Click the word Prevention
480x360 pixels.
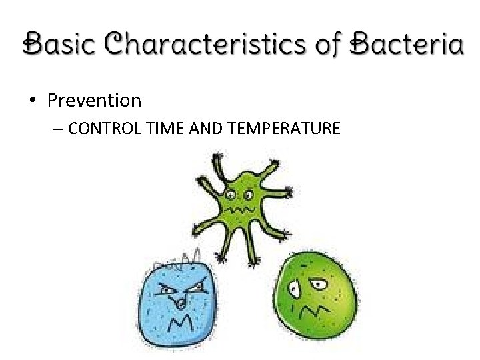pyautogui.click(x=94, y=101)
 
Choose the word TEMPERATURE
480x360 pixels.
pyautogui.click(x=284, y=128)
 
